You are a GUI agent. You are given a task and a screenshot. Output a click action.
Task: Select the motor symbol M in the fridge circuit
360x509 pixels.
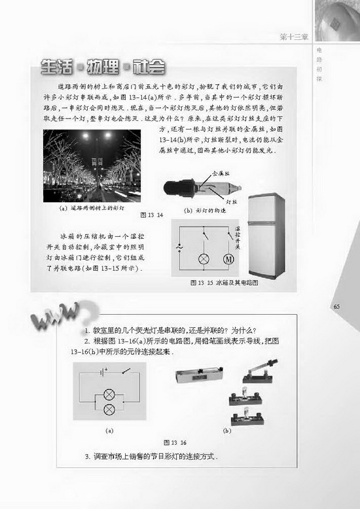[229, 259]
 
